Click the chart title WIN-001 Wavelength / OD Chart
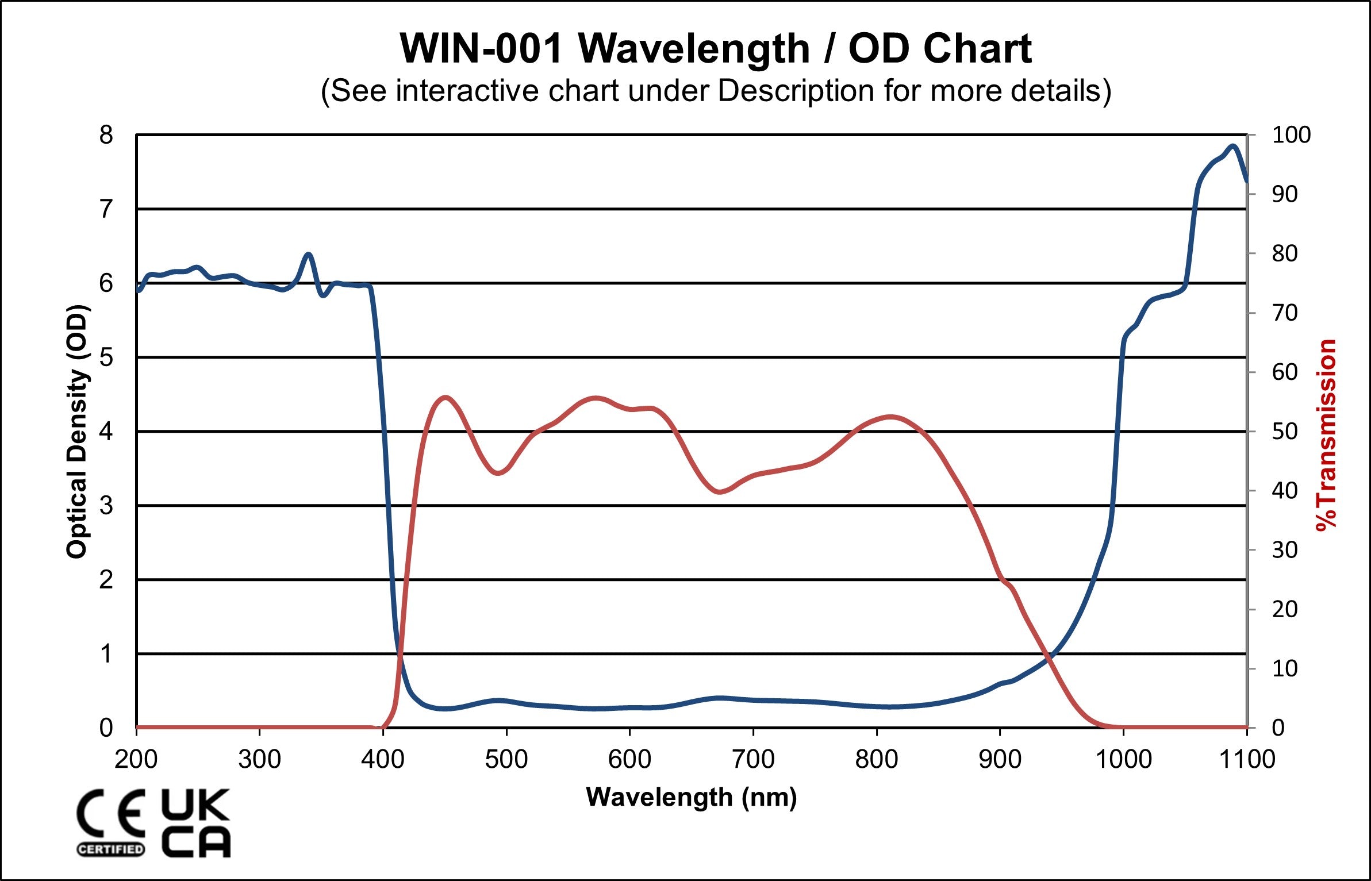point(715,48)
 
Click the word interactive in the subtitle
point(468,91)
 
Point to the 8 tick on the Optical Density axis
point(106,136)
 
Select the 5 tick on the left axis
point(106,357)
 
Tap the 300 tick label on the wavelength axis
point(259,759)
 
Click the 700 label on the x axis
point(753,759)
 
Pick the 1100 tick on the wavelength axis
point(1247,759)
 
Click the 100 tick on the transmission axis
point(1291,136)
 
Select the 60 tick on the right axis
point(1285,372)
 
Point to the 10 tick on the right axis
point(1285,668)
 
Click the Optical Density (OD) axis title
point(78,431)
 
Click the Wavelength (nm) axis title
point(691,797)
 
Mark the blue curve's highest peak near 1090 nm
point(1232,146)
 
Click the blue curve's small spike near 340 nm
point(309,254)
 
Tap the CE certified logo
point(110,822)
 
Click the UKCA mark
point(195,822)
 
